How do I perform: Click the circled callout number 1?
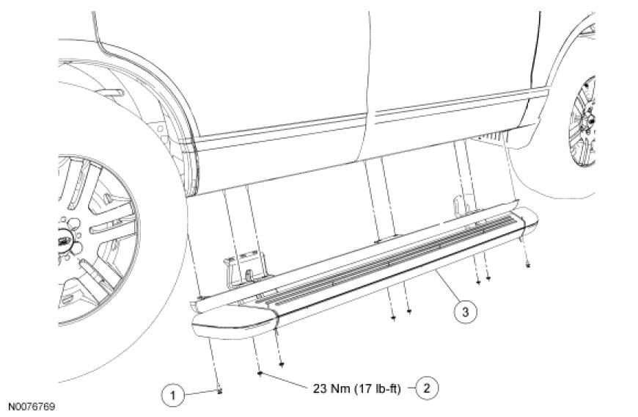[172, 395]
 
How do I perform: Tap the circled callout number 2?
[426, 388]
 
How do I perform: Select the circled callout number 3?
[465, 312]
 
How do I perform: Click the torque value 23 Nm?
[331, 388]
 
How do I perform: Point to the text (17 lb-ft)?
[378, 389]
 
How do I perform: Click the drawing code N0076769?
[32, 407]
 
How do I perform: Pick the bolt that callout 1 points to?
[220, 391]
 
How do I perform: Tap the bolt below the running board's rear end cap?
[528, 265]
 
